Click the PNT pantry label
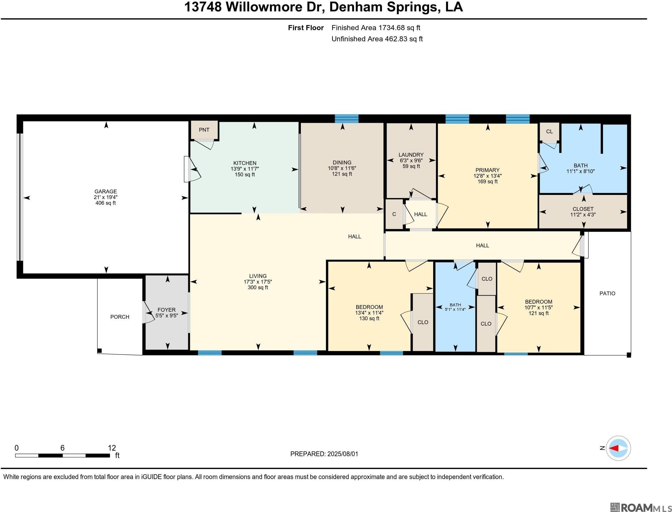(x=204, y=130)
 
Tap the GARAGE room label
(x=106, y=191)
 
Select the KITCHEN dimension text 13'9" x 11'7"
(x=245, y=169)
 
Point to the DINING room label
(x=342, y=163)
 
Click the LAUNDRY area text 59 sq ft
(x=411, y=166)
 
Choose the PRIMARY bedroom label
(x=488, y=170)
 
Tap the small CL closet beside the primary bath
(x=550, y=132)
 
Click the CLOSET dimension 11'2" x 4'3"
(x=583, y=215)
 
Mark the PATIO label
(x=607, y=294)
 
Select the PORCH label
(x=120, y=317)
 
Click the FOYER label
(x=166, y=310)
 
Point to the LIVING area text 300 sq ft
(x=258, y=287)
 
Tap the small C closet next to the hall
(x=394, y=214)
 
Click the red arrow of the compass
(x=613, y=448)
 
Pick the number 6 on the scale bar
(x=62, y=448)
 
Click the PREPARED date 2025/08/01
(x=343, y=454)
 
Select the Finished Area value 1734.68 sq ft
(x=399, y=28)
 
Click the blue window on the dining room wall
(x=347, y=118)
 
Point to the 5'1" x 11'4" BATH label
(x=455, y=307)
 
